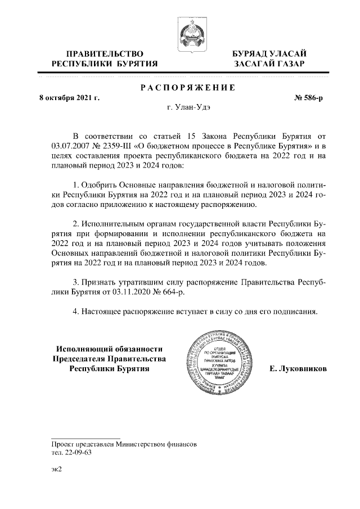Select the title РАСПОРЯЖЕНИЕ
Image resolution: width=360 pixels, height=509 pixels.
tap(187, 88)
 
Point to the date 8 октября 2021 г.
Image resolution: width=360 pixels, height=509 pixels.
tap(69, 98)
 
